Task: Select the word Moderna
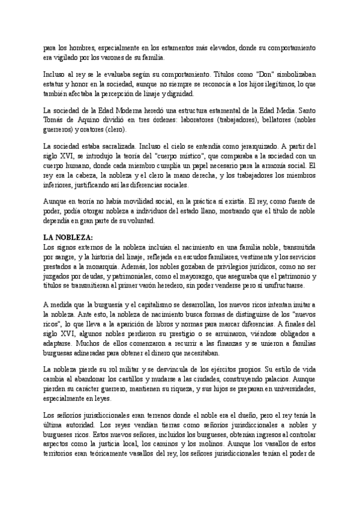(x=142, y=110)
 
